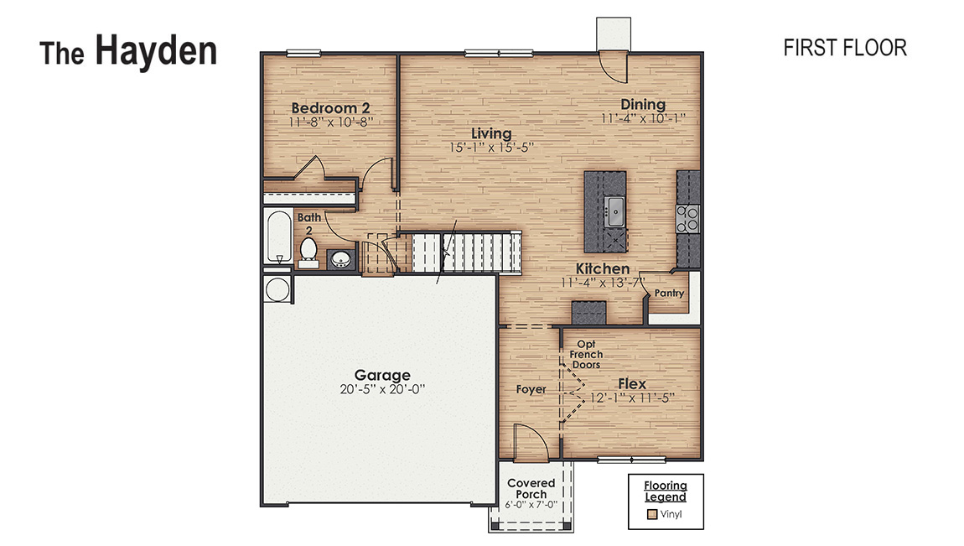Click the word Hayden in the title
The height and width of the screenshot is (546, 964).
click(x=156, y=51)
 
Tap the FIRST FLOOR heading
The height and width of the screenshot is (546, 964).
click(x=844, y=48)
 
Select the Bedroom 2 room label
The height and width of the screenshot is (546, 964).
click(x=330, y=108)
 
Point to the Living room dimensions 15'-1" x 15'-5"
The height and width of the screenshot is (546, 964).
click(x=491, y=147)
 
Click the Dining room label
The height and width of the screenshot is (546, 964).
click(x=643, y=105)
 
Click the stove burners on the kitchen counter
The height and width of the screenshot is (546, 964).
click(x=688, y=218)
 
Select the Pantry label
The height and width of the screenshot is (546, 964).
click(x=669, y=294)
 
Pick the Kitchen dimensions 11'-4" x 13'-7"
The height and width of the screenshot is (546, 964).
click(x=603, y=283)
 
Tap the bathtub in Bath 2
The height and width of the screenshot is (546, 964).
click(x=277, y=237)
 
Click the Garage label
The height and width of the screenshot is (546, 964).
click(x=382, y=375)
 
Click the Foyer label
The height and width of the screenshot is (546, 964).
click(x=531, y=389)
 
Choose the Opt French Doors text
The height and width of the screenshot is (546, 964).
click(x=586, y=355)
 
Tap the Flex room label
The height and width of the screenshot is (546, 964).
click(x=632, y=384)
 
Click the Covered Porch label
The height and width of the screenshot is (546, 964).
click(x=531, y=488)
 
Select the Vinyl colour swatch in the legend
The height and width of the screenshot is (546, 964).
click(x=651, y=513)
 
